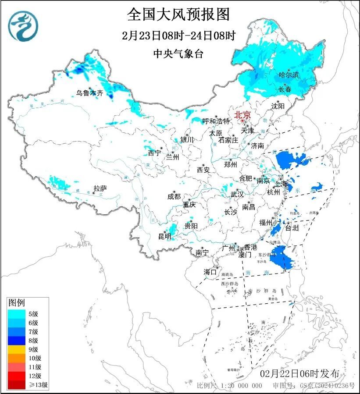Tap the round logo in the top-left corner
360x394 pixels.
point(23,26)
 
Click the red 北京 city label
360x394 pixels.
point(242,115)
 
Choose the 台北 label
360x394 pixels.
point(292,228)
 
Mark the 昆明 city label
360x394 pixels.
point(165,237)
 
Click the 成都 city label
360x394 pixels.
point(174,197)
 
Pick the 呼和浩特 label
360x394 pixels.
point(216,121)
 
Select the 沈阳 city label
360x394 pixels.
point(278,106)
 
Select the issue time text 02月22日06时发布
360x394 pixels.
point(299,374)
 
